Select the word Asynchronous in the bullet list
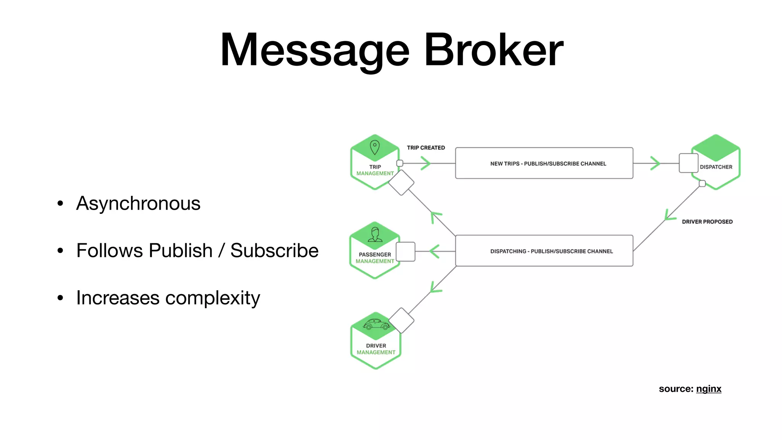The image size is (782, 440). coord(138,203)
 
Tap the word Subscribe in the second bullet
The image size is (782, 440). coord(274,251)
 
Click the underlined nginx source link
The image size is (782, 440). coord(709,389)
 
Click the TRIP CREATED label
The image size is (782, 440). coord(426,148)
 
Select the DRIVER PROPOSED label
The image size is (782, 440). coord(707,222)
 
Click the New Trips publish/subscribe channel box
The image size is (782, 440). coord(544,163)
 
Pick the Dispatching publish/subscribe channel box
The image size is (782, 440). coord(544,251)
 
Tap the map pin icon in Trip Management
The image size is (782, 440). coord(375,147)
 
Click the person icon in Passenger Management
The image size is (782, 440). coord(375,235)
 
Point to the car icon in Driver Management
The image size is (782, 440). coord(376,324)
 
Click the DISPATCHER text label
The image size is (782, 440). coord(716,167)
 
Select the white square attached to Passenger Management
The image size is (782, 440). coord(406,252)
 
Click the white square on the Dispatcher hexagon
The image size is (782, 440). coord(688,163)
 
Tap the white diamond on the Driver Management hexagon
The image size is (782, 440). coord(401,320)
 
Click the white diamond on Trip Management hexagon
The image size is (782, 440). coord(401,183)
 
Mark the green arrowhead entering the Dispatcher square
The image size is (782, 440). coord(655,163)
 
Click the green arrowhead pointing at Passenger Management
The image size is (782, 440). coord(435,251)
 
